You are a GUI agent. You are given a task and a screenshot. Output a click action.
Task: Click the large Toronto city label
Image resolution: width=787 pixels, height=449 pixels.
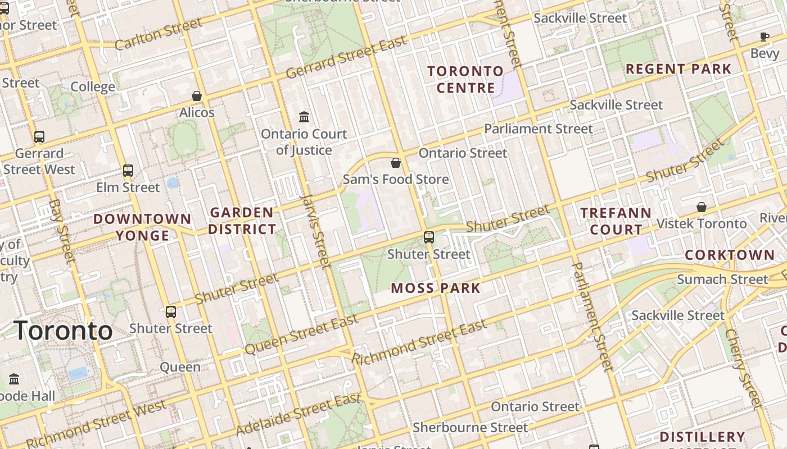point(63,331)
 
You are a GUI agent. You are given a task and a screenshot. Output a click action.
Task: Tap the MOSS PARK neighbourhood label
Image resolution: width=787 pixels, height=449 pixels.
point(436,288)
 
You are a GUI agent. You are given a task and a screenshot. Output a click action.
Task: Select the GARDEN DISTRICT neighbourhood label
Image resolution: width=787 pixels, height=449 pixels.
point(242,221)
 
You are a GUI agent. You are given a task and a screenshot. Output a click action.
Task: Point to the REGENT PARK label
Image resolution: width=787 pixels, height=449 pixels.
point(679,69)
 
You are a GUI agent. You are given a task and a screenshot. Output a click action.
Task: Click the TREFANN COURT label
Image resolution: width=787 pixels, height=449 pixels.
point(616,221)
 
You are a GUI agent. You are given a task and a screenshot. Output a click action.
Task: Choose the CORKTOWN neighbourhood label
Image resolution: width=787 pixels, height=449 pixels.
point(730,255)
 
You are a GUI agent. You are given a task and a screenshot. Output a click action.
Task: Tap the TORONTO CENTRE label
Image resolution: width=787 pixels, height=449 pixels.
point(465,79)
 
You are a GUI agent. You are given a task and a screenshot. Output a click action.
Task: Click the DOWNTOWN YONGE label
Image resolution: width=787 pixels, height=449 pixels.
point(142,227)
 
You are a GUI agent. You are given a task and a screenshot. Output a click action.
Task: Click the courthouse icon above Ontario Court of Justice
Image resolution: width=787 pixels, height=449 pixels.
point(304,117)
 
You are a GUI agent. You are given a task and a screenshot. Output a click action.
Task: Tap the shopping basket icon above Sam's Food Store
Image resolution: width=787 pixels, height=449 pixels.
point(396,163)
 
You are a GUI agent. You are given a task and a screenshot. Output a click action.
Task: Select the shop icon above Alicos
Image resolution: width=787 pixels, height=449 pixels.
point(197,96)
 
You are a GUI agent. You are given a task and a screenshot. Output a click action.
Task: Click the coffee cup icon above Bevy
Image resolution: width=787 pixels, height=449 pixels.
point(764,37)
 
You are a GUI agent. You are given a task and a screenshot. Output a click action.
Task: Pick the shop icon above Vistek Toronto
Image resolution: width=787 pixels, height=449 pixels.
point(701,207)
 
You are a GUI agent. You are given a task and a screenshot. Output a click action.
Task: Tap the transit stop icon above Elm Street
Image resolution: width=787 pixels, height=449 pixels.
point(128,170)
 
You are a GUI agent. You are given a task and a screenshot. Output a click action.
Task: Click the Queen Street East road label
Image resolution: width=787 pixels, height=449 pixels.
point(301,335)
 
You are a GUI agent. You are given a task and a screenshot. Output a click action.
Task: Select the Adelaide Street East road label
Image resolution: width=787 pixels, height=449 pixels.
point(298,415)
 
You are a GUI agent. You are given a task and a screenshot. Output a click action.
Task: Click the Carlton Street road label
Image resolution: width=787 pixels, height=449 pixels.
point(159,34)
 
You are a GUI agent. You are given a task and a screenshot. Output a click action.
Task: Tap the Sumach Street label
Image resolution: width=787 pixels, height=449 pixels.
point(722,279)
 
